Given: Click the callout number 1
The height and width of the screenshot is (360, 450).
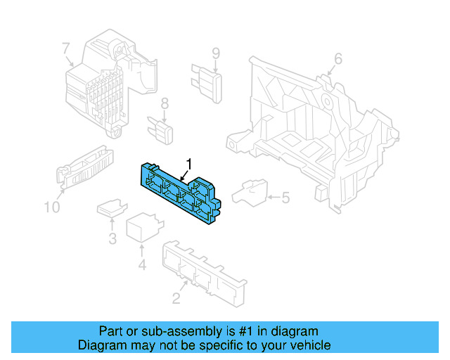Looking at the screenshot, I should tap(188, 164).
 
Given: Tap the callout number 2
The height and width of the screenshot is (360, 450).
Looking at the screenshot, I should tap(176, 299).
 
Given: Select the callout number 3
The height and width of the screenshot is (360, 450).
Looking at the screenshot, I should tap(112, 239).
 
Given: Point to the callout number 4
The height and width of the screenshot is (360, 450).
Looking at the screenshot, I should tap(141, 265).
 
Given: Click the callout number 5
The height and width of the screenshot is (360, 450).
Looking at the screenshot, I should tap(285, 198).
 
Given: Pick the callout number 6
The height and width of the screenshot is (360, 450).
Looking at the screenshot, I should tap(337, 59).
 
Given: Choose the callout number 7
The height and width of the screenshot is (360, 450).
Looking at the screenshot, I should tap(65, 49).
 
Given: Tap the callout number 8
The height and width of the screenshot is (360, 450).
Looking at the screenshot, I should tap(165, 104).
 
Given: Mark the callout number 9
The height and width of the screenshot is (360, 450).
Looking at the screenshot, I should tap(216, 53).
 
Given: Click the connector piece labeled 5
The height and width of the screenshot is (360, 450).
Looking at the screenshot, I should tap(250, 192).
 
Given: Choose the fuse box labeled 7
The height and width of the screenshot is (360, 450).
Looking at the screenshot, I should tap(109, 83).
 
